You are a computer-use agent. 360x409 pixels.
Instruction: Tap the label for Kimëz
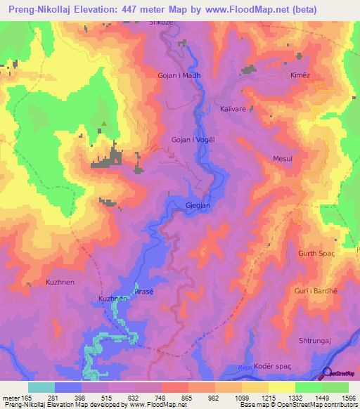click(x=300, y=74)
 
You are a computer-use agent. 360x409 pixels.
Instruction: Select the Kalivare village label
click(x=234, y=110)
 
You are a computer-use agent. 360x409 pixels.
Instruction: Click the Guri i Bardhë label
click(x=316, y=290)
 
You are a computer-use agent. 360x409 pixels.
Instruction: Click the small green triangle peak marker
click(x=104, y=124)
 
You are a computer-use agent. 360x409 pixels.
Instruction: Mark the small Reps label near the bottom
click(x=244, y=367)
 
